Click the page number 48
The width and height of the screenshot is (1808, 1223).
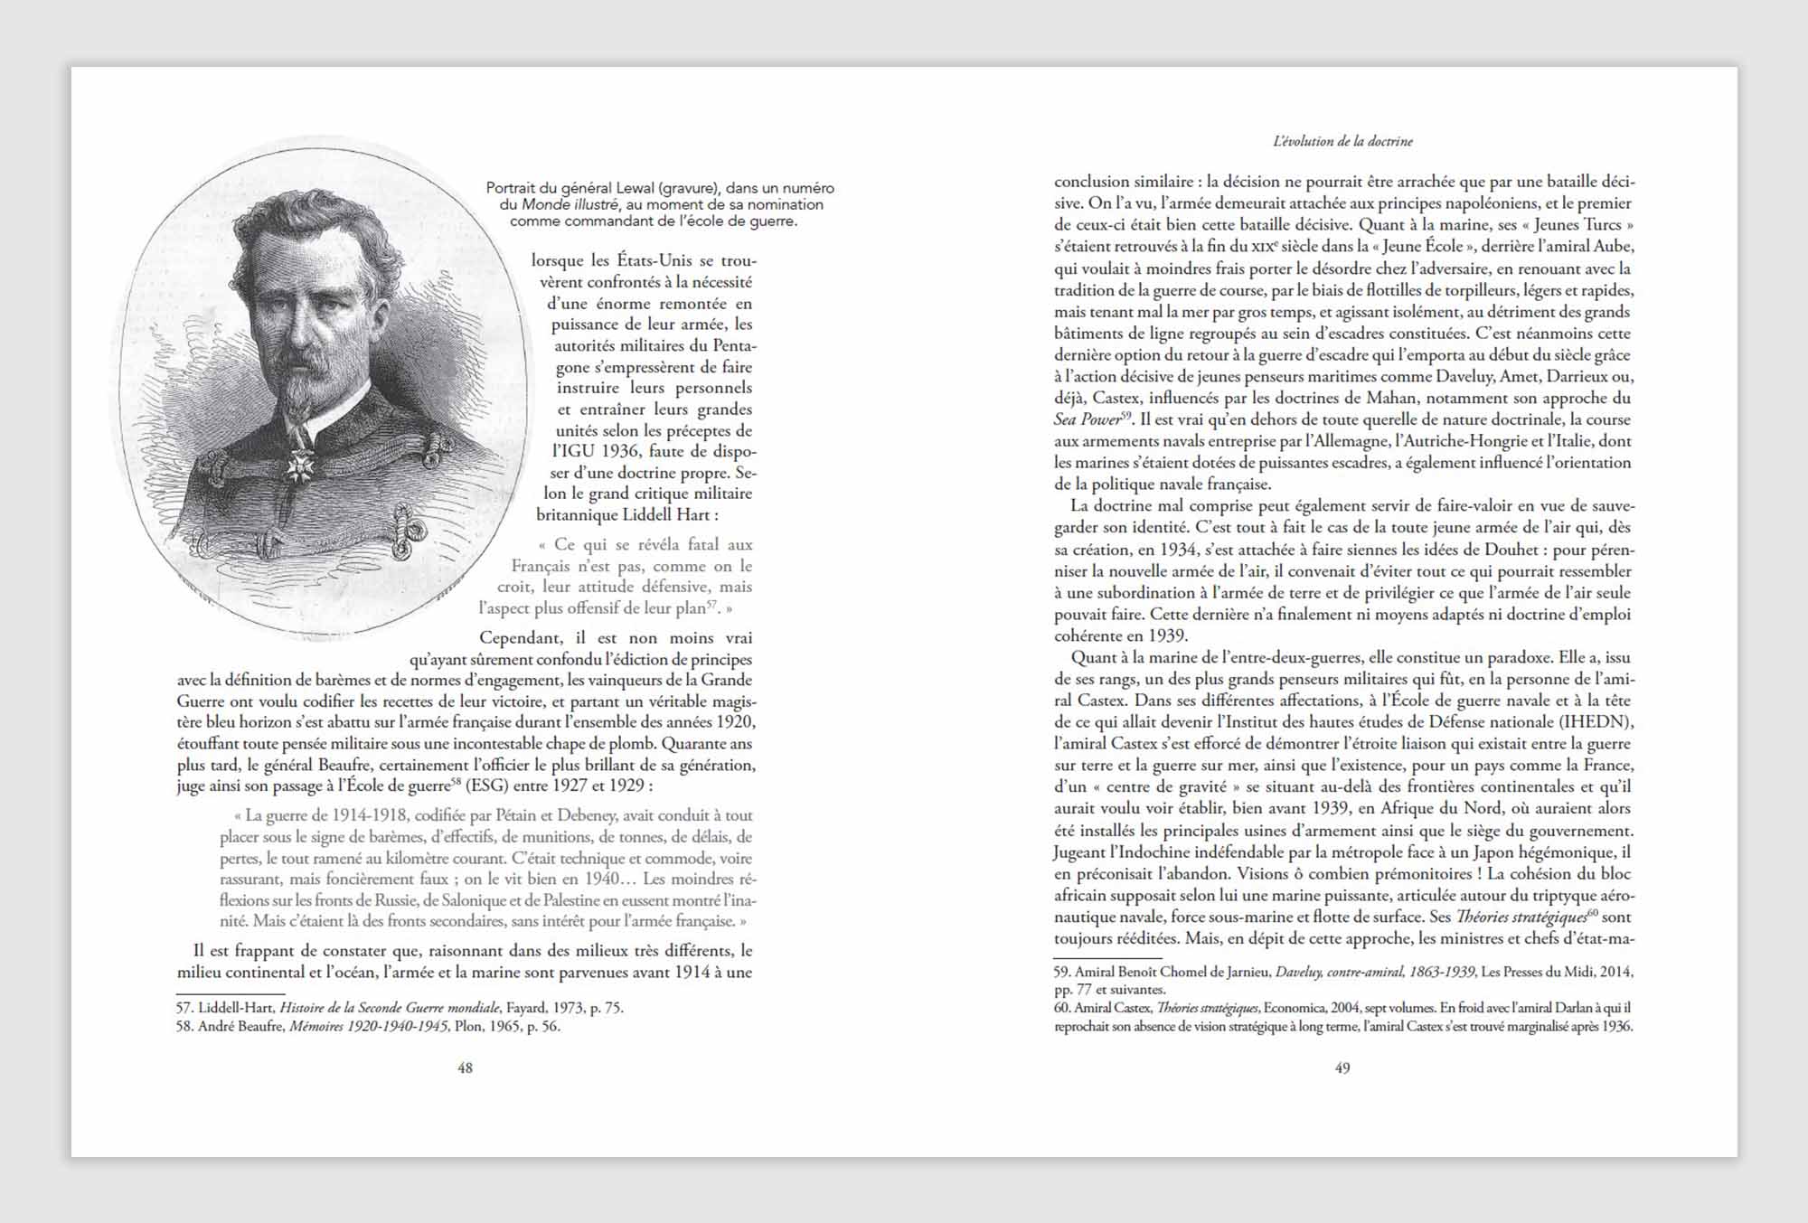[465, 1068]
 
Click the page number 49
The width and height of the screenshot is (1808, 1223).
[1342, 1068]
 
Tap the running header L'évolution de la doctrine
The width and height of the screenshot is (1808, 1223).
[1342, 141]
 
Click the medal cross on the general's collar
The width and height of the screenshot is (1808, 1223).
[296, 465]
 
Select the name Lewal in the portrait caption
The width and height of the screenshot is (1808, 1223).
[632, 188]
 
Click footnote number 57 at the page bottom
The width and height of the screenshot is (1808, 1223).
[185, 1008]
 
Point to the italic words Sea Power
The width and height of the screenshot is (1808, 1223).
[1087, 419]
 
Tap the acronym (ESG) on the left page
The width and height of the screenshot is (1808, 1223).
[485, 786]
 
